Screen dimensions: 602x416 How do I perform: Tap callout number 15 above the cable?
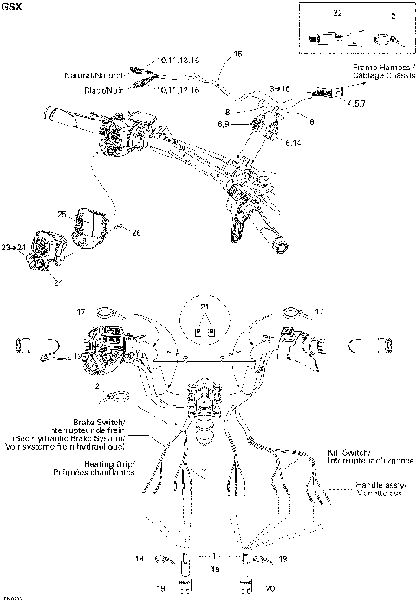238,55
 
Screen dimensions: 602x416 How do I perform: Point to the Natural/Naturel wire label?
103,76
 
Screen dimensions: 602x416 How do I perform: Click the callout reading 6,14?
293,143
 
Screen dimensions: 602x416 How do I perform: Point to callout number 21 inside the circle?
205,309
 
